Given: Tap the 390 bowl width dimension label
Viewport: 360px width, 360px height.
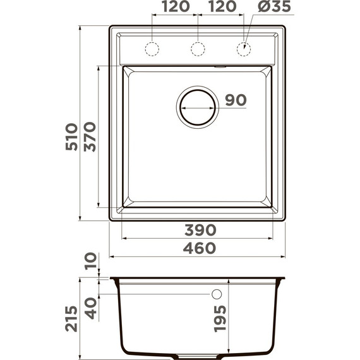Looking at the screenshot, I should [200, 229].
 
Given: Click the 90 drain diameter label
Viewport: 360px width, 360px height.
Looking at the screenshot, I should [234, 100].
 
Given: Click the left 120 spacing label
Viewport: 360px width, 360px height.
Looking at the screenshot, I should [176, 8].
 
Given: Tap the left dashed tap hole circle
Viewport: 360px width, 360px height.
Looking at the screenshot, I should [152, 49].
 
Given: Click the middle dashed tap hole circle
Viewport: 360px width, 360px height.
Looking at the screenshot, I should [198, 49].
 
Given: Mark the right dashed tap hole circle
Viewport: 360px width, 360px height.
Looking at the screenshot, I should [243, 49].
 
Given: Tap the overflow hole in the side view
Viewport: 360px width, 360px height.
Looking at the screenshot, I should [216, 294].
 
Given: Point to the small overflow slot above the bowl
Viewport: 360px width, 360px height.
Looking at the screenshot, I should [220, 66].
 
